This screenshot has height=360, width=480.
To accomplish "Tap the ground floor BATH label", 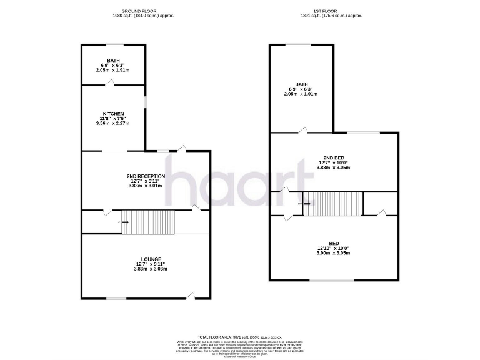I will pyautogui.click(x=113, y=61).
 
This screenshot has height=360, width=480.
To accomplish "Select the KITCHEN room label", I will pyautogui.click(x=113, y=113).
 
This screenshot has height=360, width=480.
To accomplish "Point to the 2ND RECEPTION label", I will pyautogui.click(x=146, y=176).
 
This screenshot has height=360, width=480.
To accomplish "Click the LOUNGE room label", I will pyautogui.click(x=151, y=259).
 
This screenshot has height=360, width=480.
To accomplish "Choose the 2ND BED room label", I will pyautogui.click(x=334, y=158).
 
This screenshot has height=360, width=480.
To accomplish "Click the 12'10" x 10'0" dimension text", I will pyautogui.click(x=334, y=249).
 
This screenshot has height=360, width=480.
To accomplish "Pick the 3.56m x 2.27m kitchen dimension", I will pyautogui.click(x=113, y=123).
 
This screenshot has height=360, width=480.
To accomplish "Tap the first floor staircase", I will pyautogui.click(x=332, y=203).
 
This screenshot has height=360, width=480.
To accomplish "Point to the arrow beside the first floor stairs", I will pyautogui.click(x=307, y=202).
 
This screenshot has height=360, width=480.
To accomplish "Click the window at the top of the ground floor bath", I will pyautogui.click(x=114, y=44).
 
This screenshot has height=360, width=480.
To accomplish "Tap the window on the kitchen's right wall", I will pyautogui.click(x=146, y=102).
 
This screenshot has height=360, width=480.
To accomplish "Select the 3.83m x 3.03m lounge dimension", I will pyautogui.click(x=151, y=269).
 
